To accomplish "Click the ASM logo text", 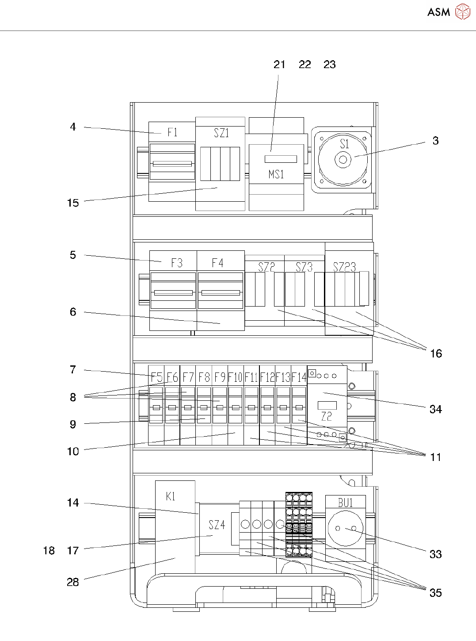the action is pyautogui.click(x=438, y=12).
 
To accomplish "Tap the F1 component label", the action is pyautogui.click(x=172, y=132).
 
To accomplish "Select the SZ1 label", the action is pyautogui.click(x=221, y=133).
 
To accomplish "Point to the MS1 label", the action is pyautogui.click(x=276, y=174).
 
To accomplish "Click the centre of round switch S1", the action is pyautogui.click(x=343, y=160).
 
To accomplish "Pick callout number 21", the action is pyautogui.click(x=279, y=65).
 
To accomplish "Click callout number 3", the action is pyautogui.click(x=436, y=141).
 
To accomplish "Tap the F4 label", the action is pyautogui.click(x=217, y=263).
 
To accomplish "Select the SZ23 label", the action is pyautogui.click(x=344, y=267).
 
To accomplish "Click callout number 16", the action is pyautogui.click(x=436, y=353).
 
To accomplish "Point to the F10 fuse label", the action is pyautogui.click(x=235, y=377).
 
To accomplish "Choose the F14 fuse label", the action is pyautogui.click(x=299, y=377).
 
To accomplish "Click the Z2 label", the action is pyautogui.click(x=326, y=416).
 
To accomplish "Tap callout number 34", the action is pyautogui.click(x=436, y=409).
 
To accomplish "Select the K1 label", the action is pyautogui.click(x=171, y=496).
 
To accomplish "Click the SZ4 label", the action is pyautogui.click(x=217, y=525).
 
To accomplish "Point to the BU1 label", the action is pyautogui.click(x=346, y=503).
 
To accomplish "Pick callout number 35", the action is pyautogui.click(x=436, y=593).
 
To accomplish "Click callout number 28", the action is pyautogui.click(x=73, y=582).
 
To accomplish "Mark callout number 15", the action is pyautogui.click(x=73, y=203).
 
